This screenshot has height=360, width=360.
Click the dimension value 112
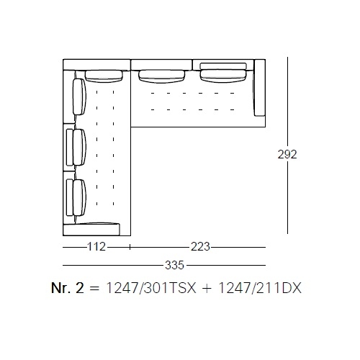coord(96,247)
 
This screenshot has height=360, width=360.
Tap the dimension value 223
coord(200,247)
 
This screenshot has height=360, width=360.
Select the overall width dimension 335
coord(174,265)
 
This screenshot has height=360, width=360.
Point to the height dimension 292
coord(287,154)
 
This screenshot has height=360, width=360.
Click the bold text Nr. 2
coord(68,288)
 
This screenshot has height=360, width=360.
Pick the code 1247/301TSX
coord(151,288)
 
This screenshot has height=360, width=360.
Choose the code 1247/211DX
coord(259,288)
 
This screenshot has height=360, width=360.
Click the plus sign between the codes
coord(207,289)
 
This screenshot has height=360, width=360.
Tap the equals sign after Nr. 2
coord(94,289)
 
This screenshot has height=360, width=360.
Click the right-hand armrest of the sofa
coord(260,88)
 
